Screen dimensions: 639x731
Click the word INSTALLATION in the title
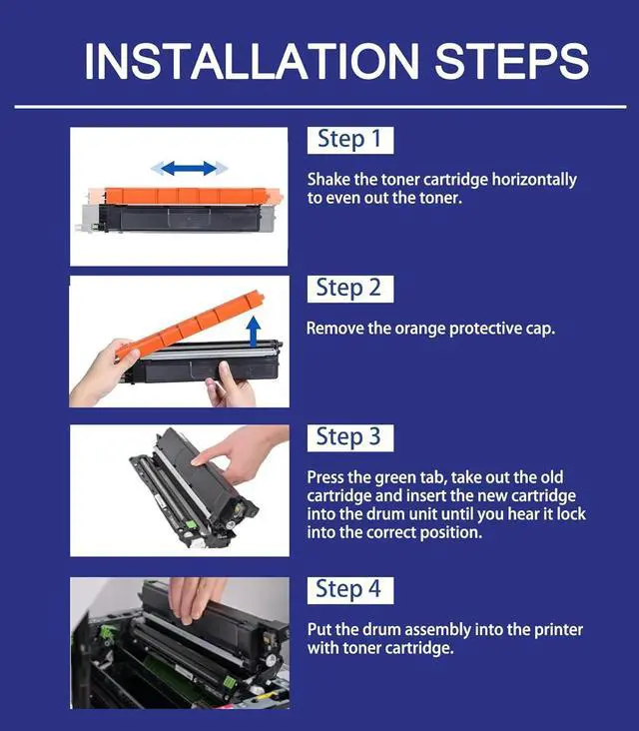[252, 62]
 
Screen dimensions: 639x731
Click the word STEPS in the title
[512, 62]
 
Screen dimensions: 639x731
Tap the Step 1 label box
[350, 140]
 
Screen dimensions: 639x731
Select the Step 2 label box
[350, 289]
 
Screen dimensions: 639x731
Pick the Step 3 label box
[350, 437]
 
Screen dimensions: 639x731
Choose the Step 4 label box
[350, 590]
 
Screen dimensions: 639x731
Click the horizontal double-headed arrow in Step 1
[189, 169]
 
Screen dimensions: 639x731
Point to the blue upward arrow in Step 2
[253, 332]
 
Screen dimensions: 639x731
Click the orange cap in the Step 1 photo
[186, 196]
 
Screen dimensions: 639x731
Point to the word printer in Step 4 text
[558, 630]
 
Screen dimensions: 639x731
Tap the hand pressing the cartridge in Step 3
[243, 454]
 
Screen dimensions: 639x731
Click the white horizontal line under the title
[320, 107]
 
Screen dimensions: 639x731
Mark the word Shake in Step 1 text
[328, 180]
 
